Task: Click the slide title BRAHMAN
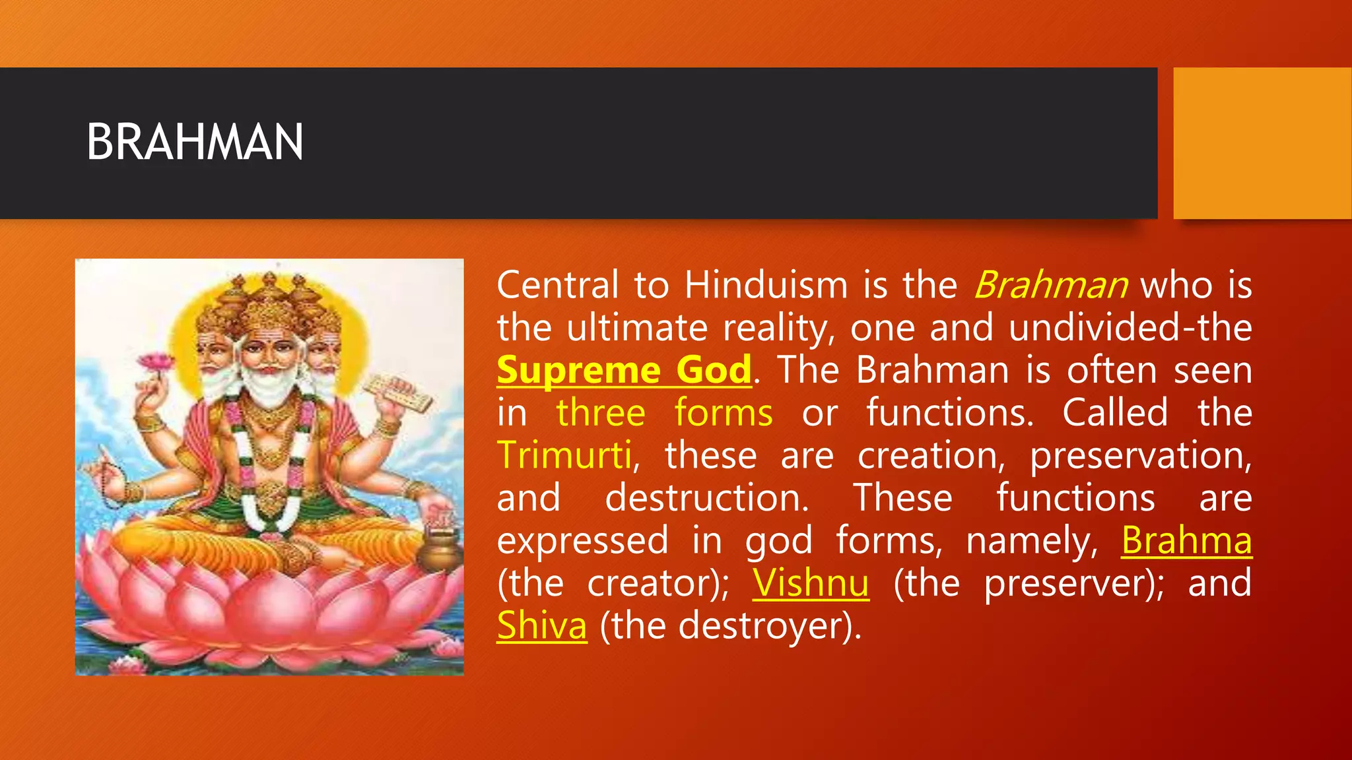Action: [195, 142]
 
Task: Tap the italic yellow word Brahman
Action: [1050, 286]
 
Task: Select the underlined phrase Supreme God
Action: [624, 370]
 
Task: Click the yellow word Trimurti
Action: [565, 456]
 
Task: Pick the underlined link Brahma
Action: [1186, 541]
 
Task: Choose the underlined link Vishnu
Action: [810, 584]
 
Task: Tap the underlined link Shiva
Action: [541, 626]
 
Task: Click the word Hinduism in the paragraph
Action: [765, 286]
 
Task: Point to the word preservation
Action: [1139, 456]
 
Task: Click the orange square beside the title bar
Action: [1262, 143]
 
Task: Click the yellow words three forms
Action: [663, 414]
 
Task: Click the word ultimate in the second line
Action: [636, 328]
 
